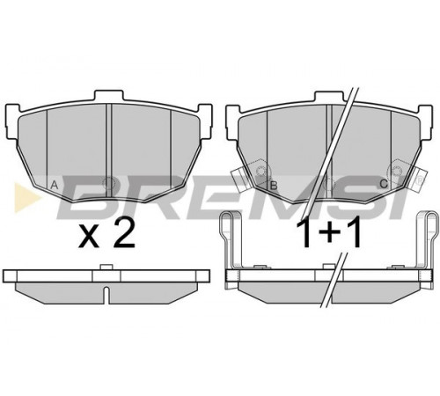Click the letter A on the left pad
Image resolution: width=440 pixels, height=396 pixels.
[55, 185]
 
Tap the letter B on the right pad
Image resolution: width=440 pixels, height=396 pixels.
[274, 186]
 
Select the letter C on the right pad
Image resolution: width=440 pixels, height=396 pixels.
[384, 184]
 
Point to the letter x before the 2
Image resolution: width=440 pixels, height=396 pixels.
[89, 237]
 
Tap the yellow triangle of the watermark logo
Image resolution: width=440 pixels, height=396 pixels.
[27, 196]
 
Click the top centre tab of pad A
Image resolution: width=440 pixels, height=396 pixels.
[108, 95]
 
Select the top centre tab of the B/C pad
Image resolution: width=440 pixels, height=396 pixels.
[328, 96]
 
